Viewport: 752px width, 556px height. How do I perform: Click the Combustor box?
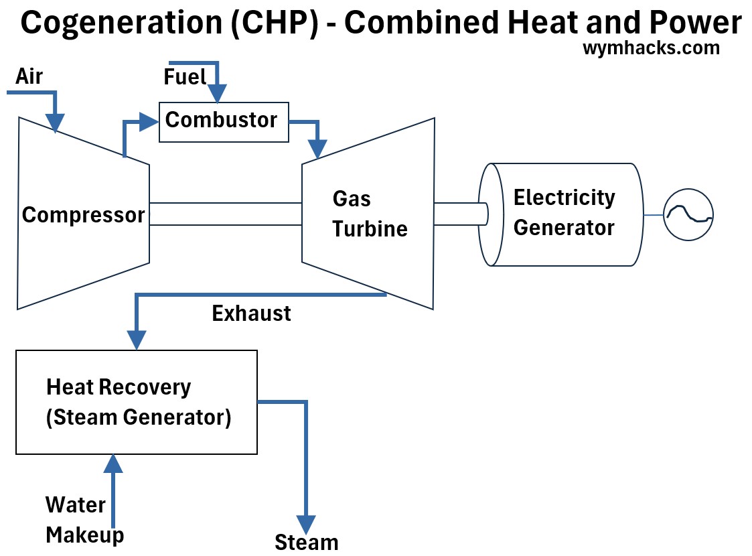tap(224, 121)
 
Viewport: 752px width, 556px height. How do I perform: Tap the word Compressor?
tap(83, 215)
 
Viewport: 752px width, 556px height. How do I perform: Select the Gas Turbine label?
tap(370, 214)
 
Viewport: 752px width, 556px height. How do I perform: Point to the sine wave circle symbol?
tap(688, 215)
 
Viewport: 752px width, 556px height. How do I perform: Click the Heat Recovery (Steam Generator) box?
tap(137, 402)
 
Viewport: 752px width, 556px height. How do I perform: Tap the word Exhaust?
tap(251, 314)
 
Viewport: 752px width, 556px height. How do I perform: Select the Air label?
tap(29, 76)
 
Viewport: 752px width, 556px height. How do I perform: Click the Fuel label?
tap(185, 78)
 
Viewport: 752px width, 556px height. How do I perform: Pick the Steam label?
tap(307, 542)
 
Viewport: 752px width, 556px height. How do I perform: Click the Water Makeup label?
tap(84, 520)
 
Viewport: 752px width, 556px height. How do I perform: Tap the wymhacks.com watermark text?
tap(651, 48)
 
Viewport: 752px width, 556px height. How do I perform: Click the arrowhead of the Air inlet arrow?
tap(55, 123)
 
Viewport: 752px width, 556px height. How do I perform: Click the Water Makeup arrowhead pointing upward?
tap(113, 463)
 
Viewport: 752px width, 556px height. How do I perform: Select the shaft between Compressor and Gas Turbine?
tap(226, 214)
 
